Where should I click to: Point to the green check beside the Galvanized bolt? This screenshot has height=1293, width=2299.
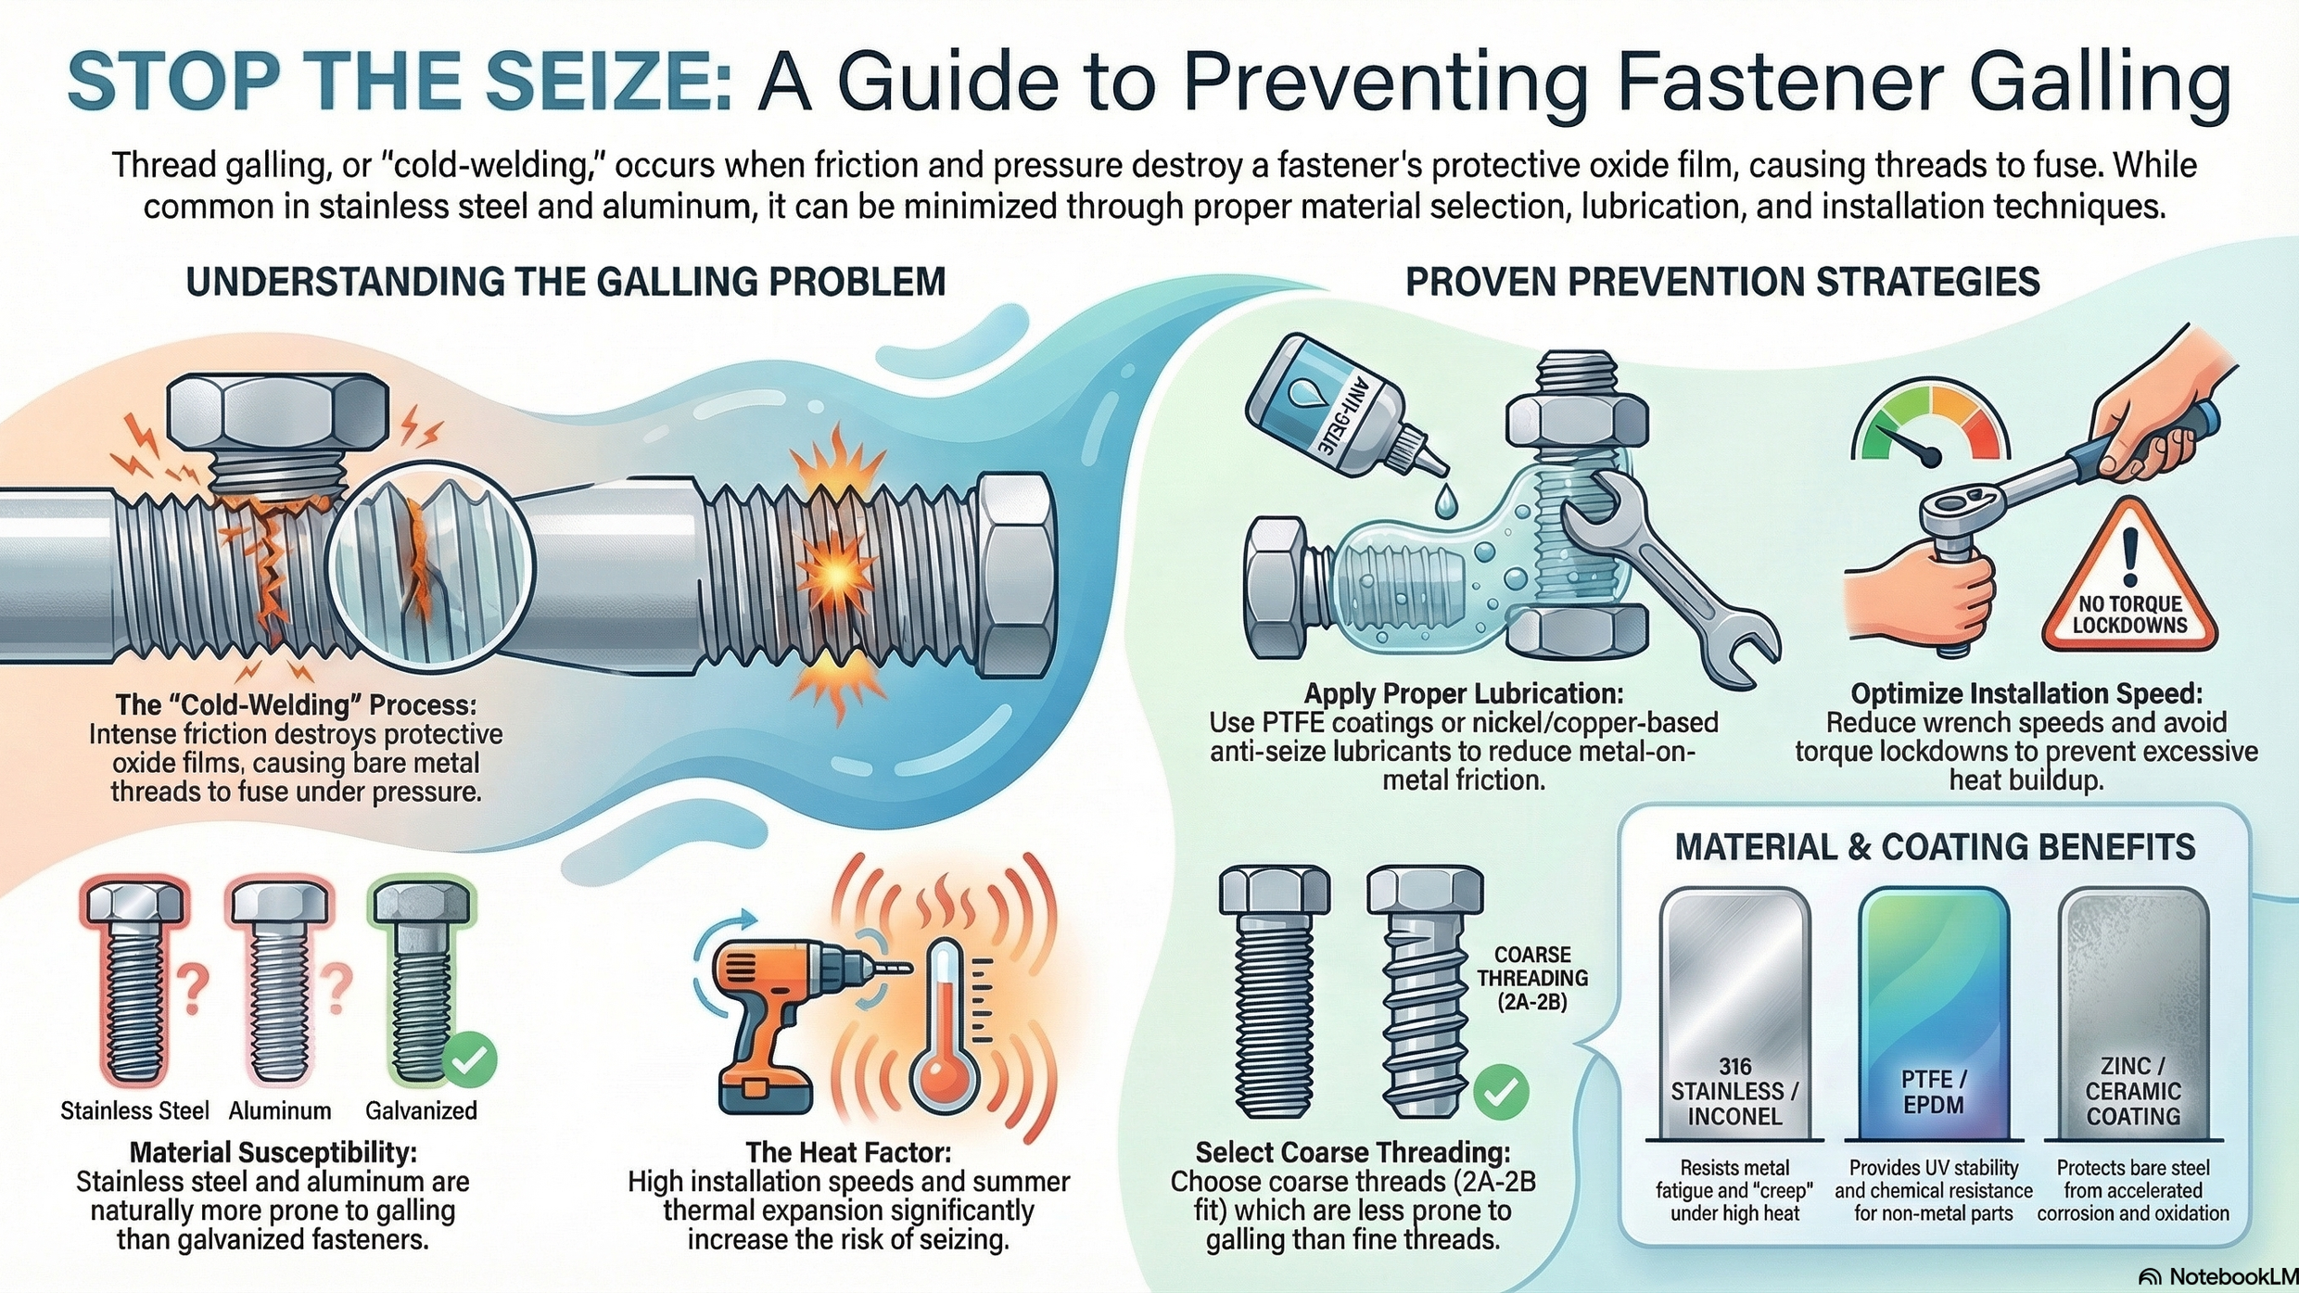pos(469,1059)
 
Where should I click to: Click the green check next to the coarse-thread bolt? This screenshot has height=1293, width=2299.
pos(1501,1092)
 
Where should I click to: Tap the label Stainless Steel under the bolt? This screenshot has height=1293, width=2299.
pos(134,1110)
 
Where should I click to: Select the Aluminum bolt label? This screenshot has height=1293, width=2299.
pos(280,1110)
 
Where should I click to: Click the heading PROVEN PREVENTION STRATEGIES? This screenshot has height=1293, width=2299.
pos(1722,282)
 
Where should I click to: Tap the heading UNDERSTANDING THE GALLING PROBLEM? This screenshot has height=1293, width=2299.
pos(565,282)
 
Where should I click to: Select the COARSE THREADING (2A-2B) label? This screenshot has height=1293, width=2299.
pos(1532,978)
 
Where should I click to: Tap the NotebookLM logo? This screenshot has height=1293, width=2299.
pos(2218,1276)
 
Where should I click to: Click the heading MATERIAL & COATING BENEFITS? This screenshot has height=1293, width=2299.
pos(1935,847)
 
